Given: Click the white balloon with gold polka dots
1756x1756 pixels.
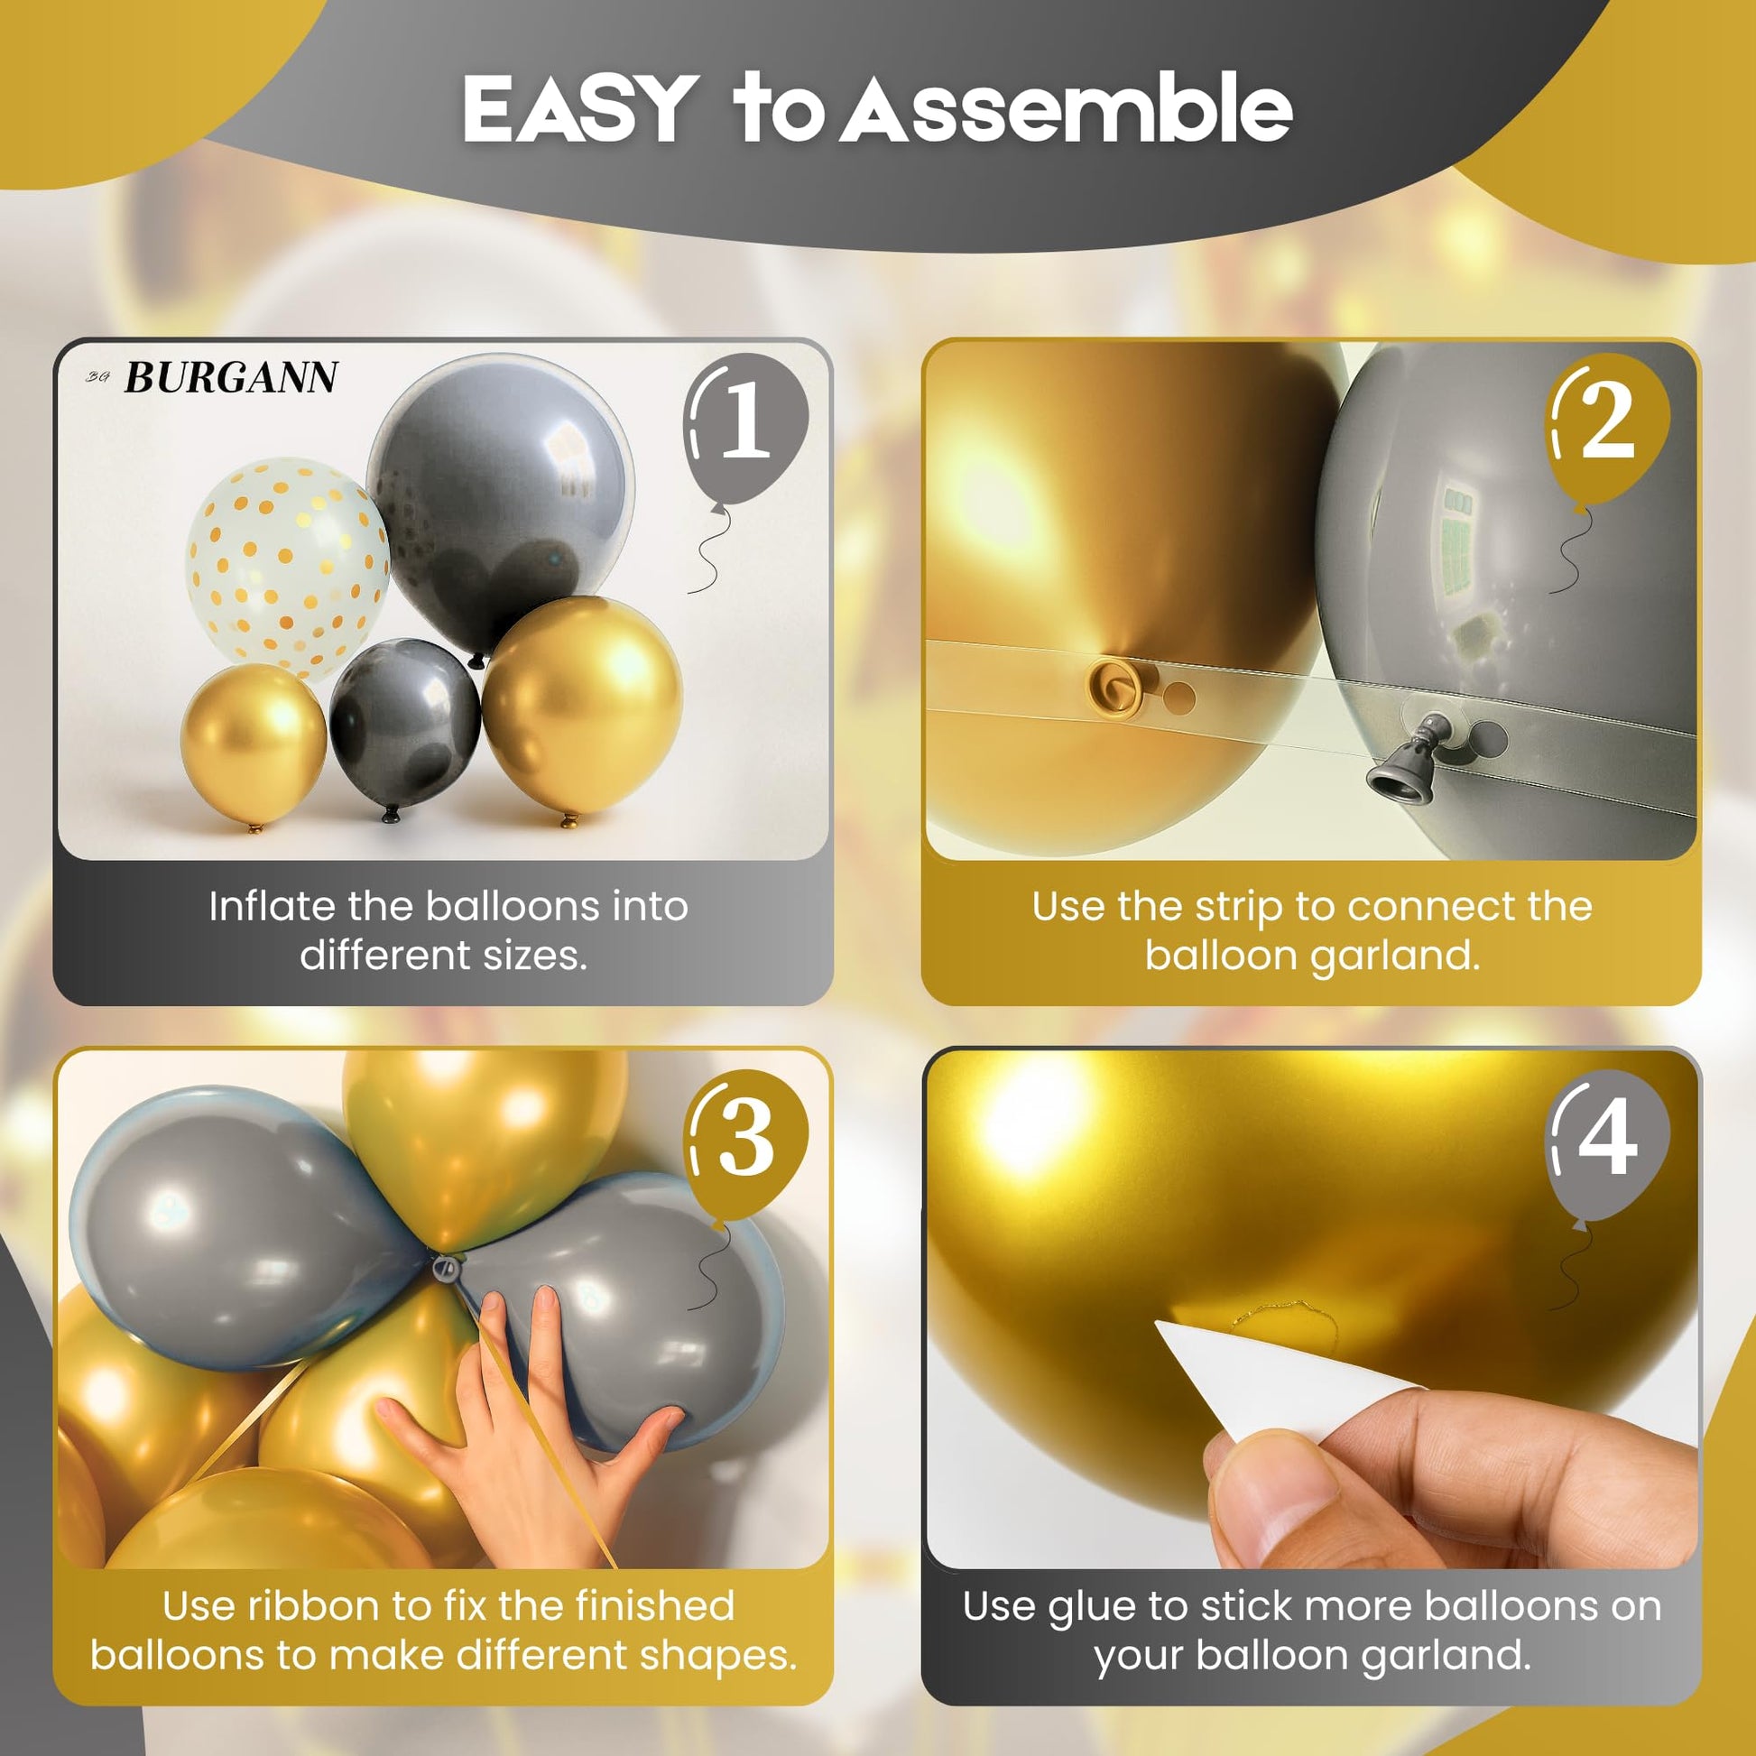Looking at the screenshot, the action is (287, 568).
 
